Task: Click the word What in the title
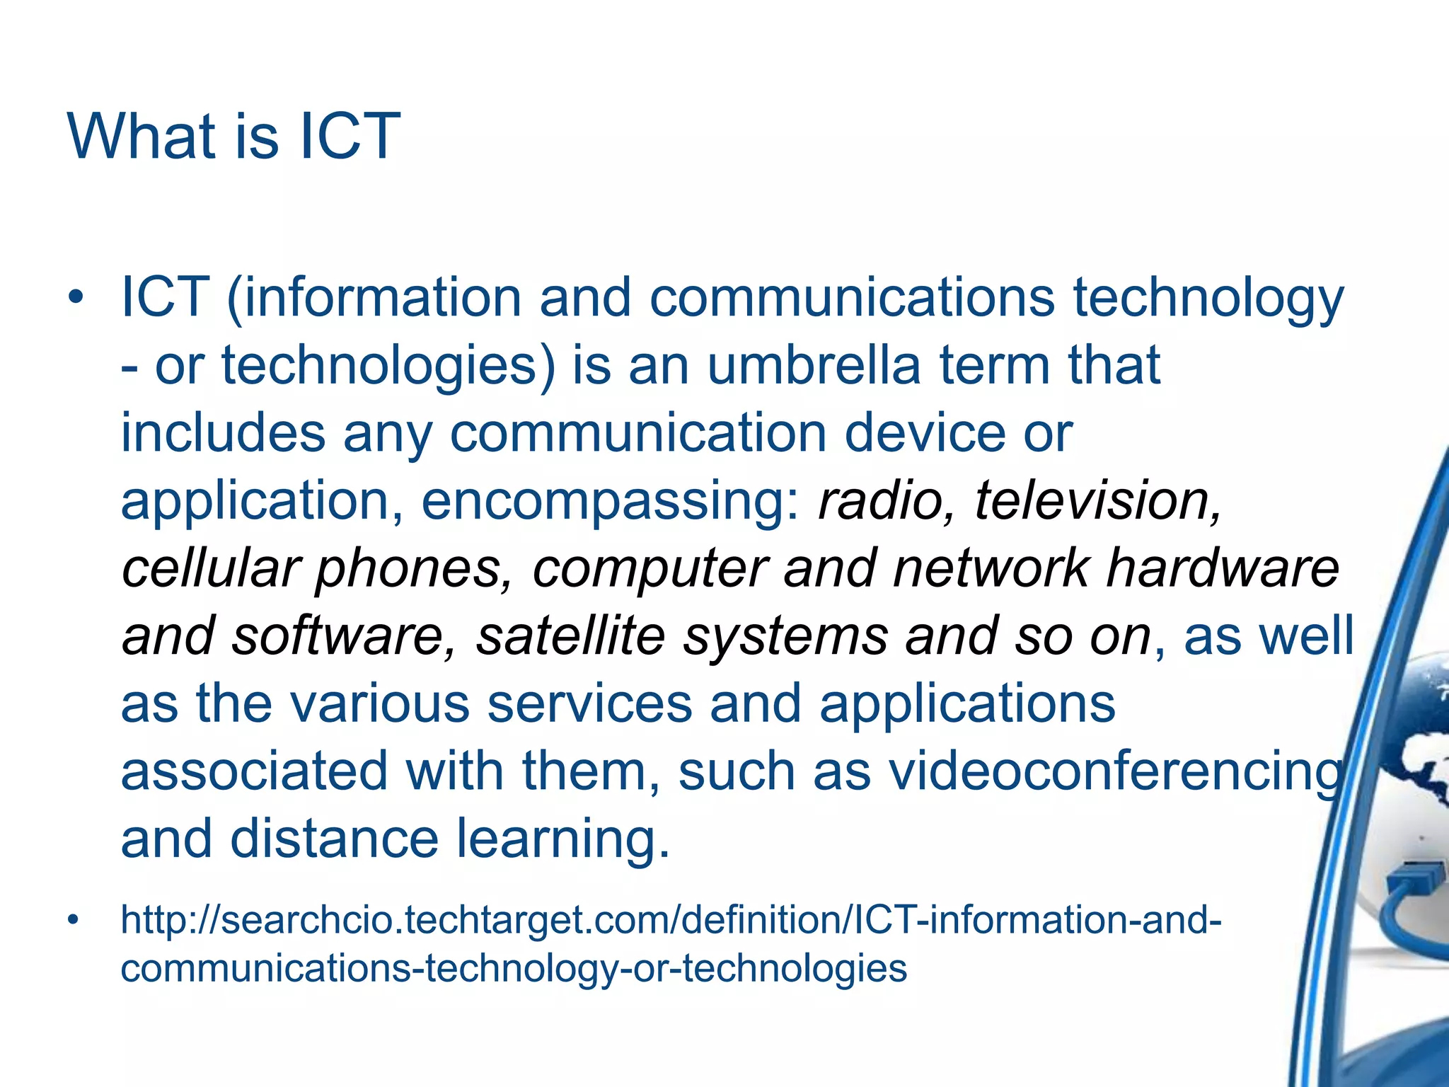[142, 136]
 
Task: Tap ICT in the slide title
[350, 136]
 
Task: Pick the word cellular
[210, 568]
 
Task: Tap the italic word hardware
[1223, 568]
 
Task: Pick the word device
[924, 432]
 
